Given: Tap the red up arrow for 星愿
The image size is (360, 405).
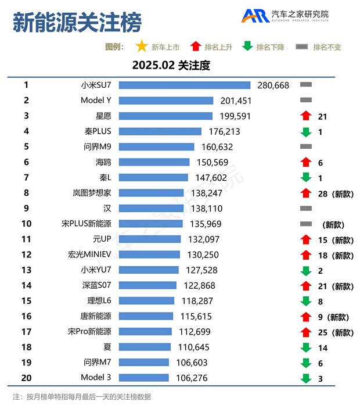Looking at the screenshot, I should point(306,116).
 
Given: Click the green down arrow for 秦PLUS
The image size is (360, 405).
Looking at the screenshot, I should point(306,132).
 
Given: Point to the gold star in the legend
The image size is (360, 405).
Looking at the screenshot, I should point(141,46).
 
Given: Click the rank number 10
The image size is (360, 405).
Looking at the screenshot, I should point(26,224).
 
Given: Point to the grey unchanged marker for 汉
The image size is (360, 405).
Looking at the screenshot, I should point(306,208).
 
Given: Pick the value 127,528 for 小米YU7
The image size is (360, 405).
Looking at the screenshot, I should point(197,270).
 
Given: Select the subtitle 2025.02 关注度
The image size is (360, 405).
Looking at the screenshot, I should point(171,65).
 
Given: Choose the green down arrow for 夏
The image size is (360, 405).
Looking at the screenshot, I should point(306,347).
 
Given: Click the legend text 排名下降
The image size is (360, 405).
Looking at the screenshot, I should point(270,47).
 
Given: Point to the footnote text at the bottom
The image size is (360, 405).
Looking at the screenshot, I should point(82,397).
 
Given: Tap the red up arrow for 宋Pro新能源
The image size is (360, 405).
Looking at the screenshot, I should point(306,332).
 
